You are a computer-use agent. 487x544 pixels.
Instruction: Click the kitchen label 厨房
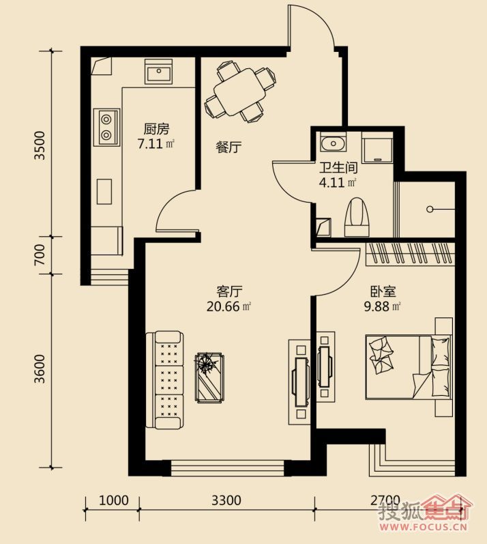156,129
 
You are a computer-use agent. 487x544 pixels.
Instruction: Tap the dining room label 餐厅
228,147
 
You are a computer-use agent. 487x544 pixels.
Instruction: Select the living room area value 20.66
223,306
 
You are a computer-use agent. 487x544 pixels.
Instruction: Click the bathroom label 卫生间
338,168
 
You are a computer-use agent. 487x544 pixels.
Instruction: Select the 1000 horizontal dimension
114,500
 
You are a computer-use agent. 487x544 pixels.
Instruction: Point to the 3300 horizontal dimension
226,500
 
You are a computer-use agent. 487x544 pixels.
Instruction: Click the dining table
241,91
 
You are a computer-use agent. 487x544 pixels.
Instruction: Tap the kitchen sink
158,72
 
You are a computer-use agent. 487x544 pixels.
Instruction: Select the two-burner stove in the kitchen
106,127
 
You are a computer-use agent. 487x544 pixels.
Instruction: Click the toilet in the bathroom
357,218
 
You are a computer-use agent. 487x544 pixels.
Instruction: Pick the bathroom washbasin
333,143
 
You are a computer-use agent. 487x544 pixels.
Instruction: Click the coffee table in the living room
209,377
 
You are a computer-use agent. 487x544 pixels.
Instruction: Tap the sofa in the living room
164,380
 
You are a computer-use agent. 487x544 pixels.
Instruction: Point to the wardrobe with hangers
411,254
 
